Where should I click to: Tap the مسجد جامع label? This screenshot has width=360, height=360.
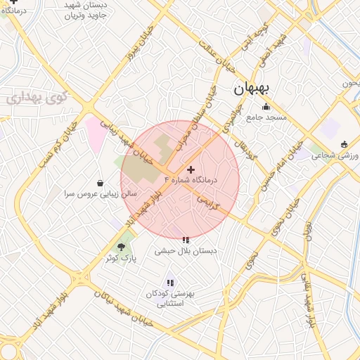point(266,117)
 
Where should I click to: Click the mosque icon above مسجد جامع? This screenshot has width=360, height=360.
point(266,107)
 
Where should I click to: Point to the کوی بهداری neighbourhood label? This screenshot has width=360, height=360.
point(36,97)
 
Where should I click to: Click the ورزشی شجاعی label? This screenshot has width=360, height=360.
point(335,155)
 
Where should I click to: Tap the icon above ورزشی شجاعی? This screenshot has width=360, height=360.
point(343,145)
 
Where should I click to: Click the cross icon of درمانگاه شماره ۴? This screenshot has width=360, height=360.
point(191,169)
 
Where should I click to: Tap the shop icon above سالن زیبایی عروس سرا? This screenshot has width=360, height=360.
point(101,183)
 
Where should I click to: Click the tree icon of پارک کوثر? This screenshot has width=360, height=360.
point(122,247)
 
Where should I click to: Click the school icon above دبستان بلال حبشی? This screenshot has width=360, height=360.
point(186,240)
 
